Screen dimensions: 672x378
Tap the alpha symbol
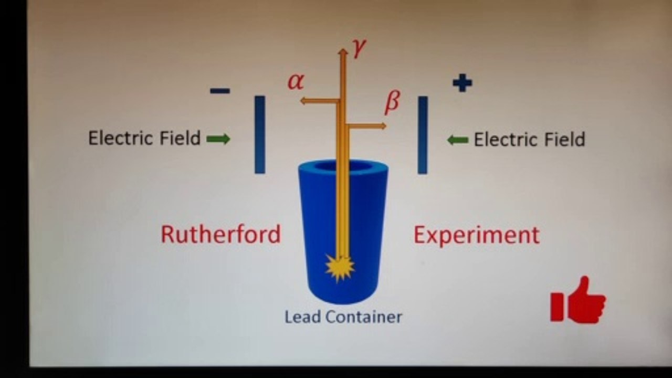tap(296, 81)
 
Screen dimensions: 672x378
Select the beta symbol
tap(392, 102)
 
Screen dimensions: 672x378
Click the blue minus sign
tap(220, 91)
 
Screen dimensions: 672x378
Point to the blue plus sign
tap(463, 83)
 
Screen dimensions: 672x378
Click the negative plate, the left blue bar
tap(260, 134)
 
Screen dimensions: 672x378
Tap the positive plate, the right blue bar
tap(423, 135)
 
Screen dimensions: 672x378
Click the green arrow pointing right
tap(218, 139)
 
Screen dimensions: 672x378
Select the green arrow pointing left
tap(458, 140)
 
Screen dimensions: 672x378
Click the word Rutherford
tap(221, 234)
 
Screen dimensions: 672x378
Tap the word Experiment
tap(477, 236)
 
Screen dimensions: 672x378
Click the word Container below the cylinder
tap(364, 317)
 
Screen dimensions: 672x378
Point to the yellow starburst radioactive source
tap(340, 268)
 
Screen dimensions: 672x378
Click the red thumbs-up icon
tap(578, 300)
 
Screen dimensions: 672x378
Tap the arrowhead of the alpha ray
tap(303, 101)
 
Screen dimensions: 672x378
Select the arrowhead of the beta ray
tap(383, 126)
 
